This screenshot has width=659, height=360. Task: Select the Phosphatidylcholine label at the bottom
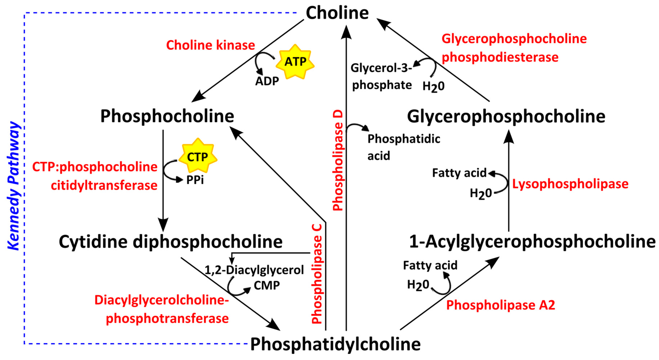335,344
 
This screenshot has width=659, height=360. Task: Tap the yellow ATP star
295,62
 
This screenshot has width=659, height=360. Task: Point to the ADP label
267,81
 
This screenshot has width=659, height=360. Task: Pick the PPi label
195,180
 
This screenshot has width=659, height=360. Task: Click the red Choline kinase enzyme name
211,45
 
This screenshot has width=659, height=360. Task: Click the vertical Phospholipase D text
338,160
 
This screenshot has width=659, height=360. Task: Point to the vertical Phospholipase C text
317,274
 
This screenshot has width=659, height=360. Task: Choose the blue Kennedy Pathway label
13,186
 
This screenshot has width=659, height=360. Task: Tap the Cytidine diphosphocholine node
171,242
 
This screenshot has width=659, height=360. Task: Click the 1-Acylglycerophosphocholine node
532,242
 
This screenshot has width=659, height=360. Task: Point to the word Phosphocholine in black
167,116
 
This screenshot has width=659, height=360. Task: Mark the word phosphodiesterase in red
500,57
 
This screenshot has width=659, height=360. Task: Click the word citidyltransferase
104,185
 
